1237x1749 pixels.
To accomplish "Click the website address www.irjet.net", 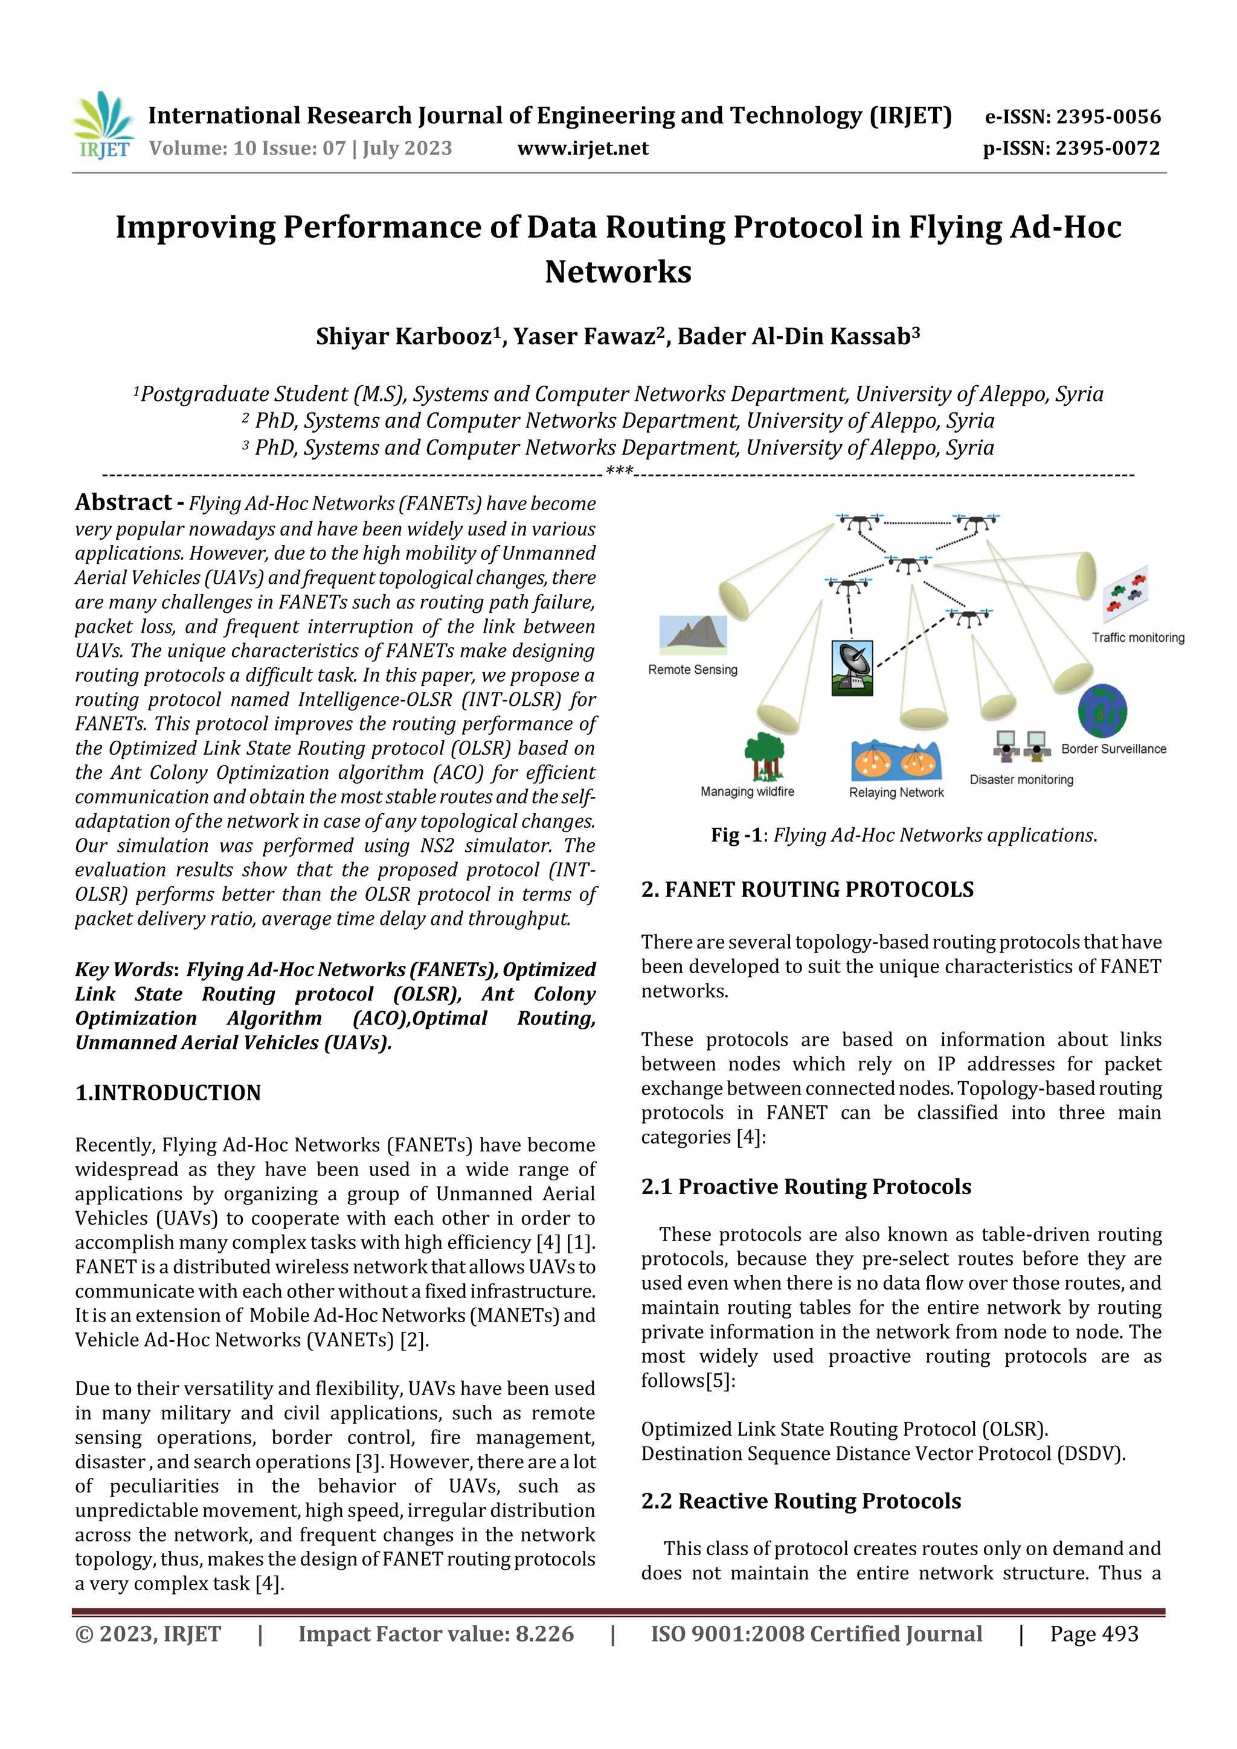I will pos(582,148).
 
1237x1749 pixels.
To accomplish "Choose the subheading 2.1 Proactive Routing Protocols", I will pos(806,1186).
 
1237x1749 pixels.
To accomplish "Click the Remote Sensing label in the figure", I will pos(692,670).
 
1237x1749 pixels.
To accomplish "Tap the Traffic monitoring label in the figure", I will pos(1137,638).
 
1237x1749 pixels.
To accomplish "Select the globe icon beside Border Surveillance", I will pos(1102,711).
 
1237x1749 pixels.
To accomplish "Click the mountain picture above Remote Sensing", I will pos(693,634).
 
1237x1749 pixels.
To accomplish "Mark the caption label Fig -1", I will pos(736,835).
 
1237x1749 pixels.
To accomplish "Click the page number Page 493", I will pos(1094,1633).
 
